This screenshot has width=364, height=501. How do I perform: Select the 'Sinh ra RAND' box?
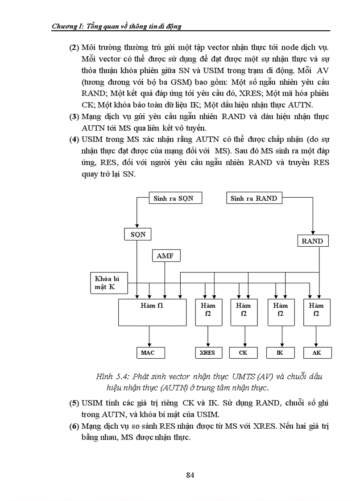pyautogui.click(x=254, y=198)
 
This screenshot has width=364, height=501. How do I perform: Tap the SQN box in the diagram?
pyautogui.click(x=138, y=234)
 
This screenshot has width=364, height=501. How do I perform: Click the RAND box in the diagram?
pyautogui.click(x=312, y=241)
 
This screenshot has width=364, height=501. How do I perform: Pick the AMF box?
pyautogui.click(x=165, y=256)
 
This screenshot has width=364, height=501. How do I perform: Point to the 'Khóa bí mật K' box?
pyautogui.click(x=108, y=282)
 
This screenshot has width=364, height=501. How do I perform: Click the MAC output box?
pyautogui.click(x=148, y=352)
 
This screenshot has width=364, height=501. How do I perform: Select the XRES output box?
pyautogui.click(x=207, y=352)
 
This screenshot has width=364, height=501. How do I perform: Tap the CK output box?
pyautogui.click(x=243, y=352)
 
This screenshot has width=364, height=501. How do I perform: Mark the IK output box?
pyautogui.click(x=280, y=352)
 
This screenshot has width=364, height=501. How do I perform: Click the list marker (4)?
pyautogui.click(x=74, y=139)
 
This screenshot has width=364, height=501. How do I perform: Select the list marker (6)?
pyautogui.click(x=74, y=426)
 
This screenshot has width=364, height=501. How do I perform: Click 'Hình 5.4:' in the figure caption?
pyautogui.click(x=112, y=377)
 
